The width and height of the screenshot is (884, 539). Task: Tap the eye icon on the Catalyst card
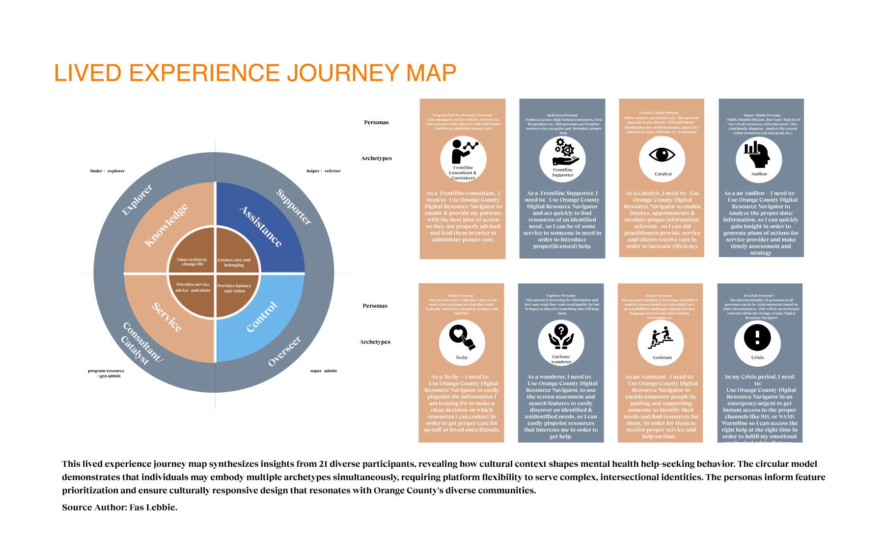click(x=662, y=155)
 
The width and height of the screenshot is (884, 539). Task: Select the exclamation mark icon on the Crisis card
click(x=757, y=337)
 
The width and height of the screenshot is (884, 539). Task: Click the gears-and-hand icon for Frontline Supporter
click(x=563, y=152)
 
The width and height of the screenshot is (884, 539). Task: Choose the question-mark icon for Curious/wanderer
click(x=561, y=335)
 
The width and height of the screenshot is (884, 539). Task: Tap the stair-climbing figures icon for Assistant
click(x=660, y=338)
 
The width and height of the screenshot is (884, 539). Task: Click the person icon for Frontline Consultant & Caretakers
click(x=462, y=151)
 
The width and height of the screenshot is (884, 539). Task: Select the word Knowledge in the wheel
click(x=166, y=225)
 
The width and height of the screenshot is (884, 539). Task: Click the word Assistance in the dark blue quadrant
click(x=261, y=226)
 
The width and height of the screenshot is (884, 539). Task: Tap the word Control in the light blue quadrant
click(x=262, y=317)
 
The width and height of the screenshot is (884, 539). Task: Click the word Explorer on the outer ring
click(x=137, y=199)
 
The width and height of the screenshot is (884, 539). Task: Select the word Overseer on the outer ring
click(x=284, y=351)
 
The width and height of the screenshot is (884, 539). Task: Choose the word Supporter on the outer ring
click(x=294, y=207)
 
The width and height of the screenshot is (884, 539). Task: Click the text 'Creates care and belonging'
click(x=234, y=262)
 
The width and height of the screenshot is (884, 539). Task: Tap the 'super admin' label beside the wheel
click(x=323, y=371)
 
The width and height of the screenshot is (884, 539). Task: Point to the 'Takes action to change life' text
click(x=192, y=262)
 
